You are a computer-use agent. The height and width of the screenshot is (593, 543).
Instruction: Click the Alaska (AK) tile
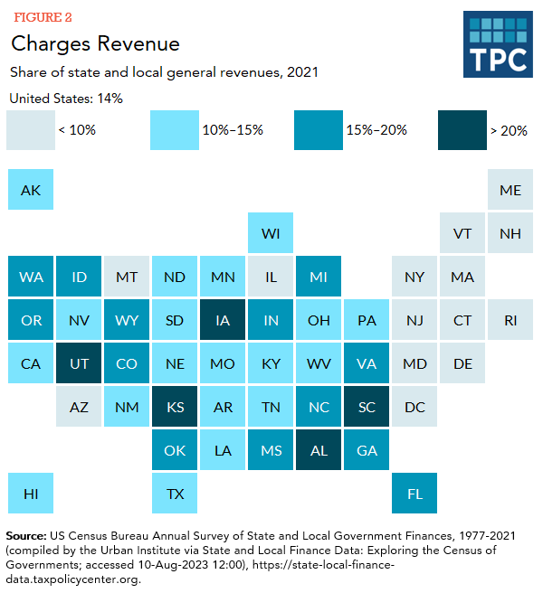(31, 190)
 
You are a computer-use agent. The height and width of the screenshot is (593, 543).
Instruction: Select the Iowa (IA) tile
(223, 320)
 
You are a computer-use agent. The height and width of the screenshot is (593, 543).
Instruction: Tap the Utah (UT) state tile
(79, 363)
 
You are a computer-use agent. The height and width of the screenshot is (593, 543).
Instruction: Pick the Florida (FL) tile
(414, 494)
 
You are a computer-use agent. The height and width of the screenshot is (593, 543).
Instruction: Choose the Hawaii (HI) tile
(31, 494)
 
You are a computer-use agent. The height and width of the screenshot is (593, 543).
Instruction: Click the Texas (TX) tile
(175, 494)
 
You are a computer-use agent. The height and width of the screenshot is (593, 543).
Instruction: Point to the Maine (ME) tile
(510, 190)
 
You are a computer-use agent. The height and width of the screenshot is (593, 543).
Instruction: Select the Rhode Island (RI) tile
(510, 320)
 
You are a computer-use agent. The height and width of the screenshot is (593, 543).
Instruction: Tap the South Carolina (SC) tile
(367, 407)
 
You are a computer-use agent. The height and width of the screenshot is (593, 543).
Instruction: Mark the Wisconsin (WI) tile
(271, 233)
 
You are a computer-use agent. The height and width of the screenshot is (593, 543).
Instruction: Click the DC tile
(414, 407)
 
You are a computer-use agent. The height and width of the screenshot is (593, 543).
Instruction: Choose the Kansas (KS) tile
(175, 407)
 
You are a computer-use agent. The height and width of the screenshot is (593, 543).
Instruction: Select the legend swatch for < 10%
(30, 130)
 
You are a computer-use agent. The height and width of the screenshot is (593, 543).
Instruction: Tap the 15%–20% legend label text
(376, 130)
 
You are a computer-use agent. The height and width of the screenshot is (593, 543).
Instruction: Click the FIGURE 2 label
(42, 17)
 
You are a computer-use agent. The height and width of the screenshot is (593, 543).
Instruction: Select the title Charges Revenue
(95, 43)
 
